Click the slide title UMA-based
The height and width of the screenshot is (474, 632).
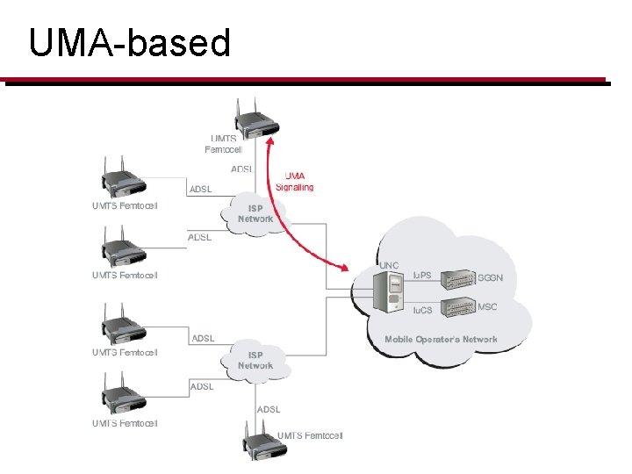click(130, 43)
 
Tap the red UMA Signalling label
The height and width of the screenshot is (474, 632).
click(295, 182)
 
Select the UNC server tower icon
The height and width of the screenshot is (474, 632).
click(388, 291)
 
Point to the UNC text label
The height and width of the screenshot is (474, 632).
click(389, 266)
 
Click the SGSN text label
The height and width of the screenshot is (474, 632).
click(490, 277)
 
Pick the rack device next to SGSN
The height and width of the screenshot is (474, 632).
click(458, 279)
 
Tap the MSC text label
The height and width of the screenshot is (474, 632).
click(487, 306)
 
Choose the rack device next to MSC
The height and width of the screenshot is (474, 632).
click(458, 307)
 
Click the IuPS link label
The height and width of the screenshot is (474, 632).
click(422, 276)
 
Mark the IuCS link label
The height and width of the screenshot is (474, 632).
click(422, 310)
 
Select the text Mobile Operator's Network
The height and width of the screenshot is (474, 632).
click(441, 340)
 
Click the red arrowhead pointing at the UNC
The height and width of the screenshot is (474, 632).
click(343, 267)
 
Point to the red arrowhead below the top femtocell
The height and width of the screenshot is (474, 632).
click(270, 140)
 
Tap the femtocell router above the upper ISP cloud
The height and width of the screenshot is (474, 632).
click(256, 120)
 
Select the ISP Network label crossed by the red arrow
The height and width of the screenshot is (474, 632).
click(255, 213)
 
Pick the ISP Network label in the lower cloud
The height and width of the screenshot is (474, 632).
click(255, 361)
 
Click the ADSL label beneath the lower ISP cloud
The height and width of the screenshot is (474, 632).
click(269, 410)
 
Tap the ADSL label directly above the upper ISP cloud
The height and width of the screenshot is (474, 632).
click(242, 169)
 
